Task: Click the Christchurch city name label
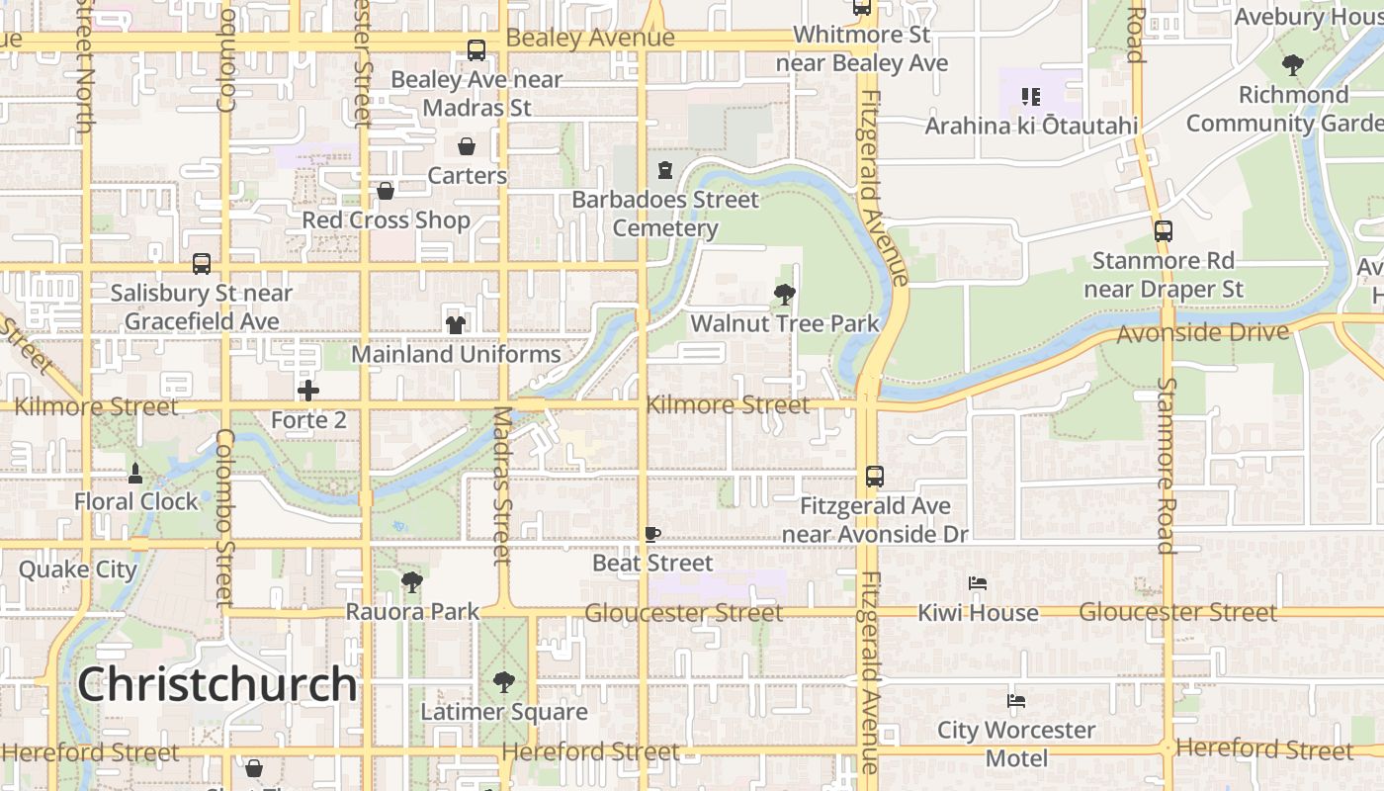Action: pos(216,684)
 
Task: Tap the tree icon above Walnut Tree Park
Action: pos(785,294)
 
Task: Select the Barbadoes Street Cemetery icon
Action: pos(665,170)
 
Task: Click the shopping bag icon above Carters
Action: pos(467,146)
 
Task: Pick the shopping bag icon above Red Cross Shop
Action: pos(386,191)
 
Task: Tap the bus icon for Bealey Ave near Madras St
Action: pos(476,50)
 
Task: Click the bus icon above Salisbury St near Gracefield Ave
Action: pos(202,264)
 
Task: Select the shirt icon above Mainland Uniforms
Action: pos(455,324)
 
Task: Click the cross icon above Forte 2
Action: pos(308,391)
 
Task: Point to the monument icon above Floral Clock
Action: pos(135,473)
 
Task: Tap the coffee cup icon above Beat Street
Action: pos(651,534)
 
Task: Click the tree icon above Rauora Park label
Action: pos(412,582)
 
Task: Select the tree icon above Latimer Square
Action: pos(504,682)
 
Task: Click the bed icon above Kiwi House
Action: pos(978,583)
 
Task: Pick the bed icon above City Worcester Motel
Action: pos(1016,701)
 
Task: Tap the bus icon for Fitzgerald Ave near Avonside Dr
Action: pos(875,477)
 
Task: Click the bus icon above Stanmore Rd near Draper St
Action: pos(1164,231)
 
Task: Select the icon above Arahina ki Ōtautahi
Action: pos(1031,97)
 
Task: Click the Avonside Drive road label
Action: pos(1202,333)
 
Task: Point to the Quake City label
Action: pos(78,570)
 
